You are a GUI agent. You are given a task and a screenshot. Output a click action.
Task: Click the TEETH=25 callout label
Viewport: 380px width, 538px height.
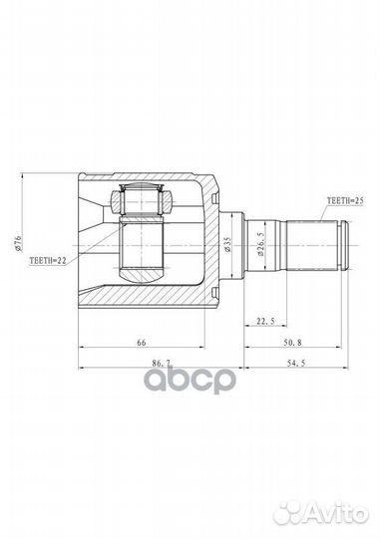click(x=345, y=200)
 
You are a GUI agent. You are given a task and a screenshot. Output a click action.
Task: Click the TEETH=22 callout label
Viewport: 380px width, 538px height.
click(x=48, y=261)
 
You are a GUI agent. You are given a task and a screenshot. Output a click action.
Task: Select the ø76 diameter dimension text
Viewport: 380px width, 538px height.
click(x=18, y=243)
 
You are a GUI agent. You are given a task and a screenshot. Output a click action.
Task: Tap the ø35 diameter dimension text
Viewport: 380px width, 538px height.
click(x=227, y=245)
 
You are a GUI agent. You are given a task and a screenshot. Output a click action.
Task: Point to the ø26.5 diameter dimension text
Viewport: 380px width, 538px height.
click(x=260, y=245)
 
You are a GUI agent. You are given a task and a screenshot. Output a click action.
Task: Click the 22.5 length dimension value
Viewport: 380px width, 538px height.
click(x=265, y=321)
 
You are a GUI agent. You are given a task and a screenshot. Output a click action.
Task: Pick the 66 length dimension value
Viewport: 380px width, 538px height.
click(x=142, y=342)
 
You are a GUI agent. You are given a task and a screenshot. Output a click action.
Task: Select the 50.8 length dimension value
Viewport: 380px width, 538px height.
click(x=293, y=342)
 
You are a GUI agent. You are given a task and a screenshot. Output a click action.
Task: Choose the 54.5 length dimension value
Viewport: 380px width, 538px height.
click(x=296, y=363)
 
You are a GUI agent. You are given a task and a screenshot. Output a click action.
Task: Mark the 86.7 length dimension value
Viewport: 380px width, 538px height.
click(x=162, y=363)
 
